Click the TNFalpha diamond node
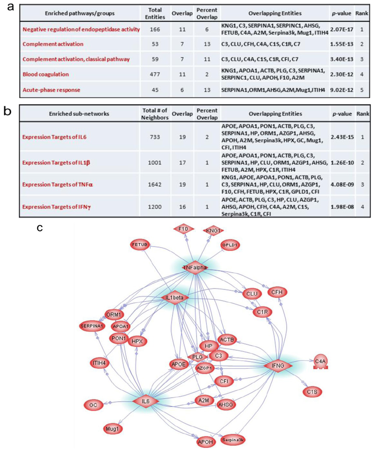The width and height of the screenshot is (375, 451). click(195, 267)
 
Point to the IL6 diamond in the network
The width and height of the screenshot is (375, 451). click(146, 402)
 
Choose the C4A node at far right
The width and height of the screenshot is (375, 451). click(320, 362)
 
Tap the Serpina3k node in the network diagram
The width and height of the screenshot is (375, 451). click(233, 439)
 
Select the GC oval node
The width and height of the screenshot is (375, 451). click(93, 405)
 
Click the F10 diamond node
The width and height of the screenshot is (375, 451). click(183, 229)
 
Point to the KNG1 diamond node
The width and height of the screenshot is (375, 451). click(213, 230)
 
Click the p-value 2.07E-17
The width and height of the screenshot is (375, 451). click(341, 29)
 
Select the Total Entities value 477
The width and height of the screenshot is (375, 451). click(155, 74)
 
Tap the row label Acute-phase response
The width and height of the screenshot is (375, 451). click(51, 90)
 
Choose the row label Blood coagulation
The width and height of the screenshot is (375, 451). click(46, 74)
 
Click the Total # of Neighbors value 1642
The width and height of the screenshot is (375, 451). click(155, 184)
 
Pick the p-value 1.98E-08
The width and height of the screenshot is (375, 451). click(342, 207)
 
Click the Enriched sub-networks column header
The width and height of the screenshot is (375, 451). click(79, 114)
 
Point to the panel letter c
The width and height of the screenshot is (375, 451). click(41, 228)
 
